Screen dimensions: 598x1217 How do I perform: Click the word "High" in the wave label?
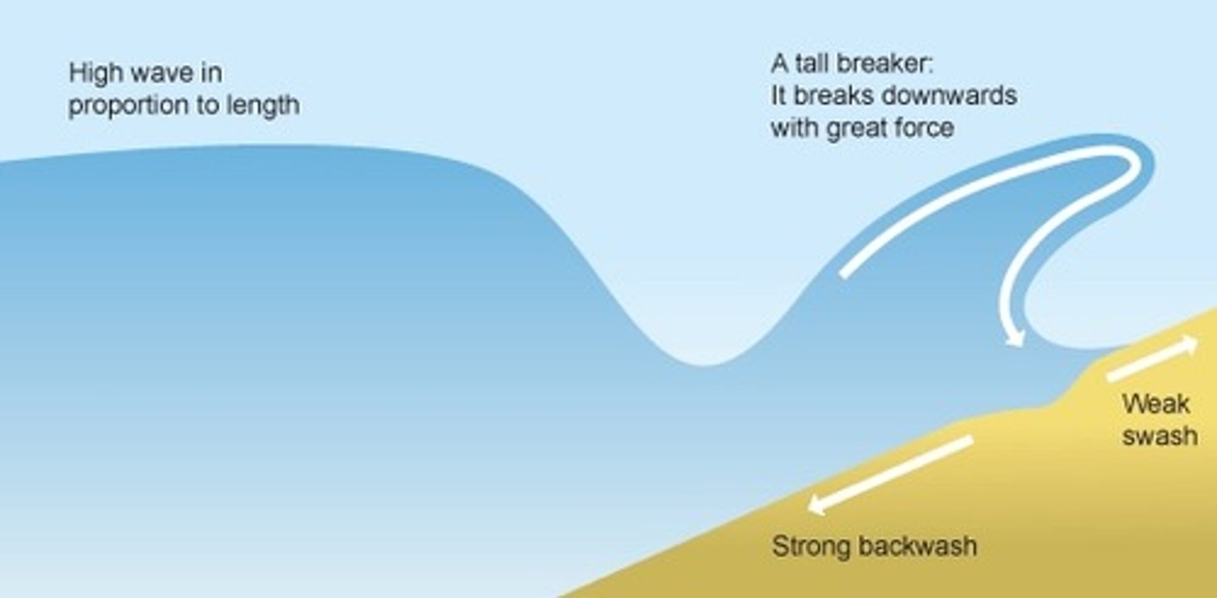click(96, 73)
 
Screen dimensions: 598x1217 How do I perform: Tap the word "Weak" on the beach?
click(1155, 404)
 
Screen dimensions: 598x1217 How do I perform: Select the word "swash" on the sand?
click(1160, 435)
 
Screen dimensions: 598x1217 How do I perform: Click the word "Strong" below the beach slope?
click(810, 546)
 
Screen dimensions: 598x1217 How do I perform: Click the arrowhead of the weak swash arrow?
click(1189, 343)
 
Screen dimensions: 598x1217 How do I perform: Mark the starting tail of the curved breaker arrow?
click(844, 274)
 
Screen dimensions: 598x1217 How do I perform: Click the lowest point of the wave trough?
click(701, 364)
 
